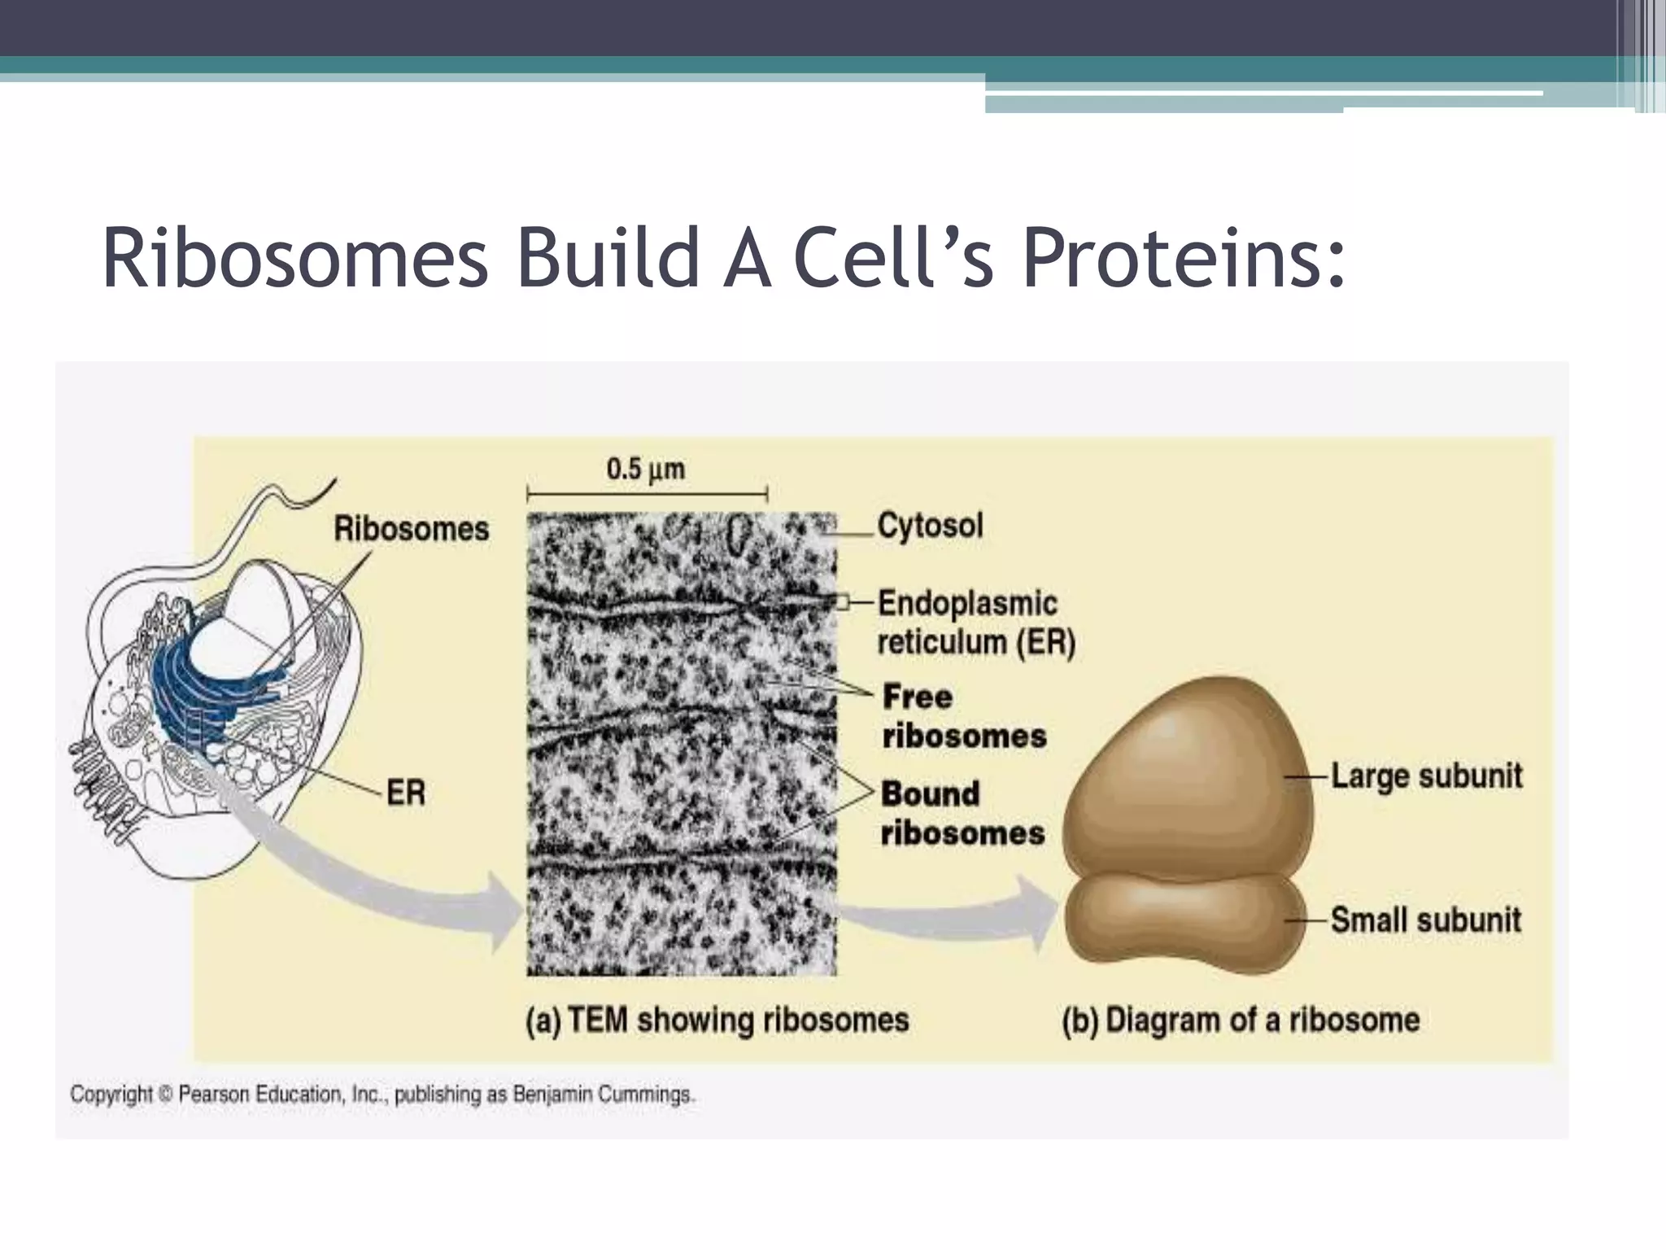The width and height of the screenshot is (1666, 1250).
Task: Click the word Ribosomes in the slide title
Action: (x=294, y=259)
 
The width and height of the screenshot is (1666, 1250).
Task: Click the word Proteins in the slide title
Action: (x=1184, y=259)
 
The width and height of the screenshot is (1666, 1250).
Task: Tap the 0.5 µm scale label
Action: (x=645, y=469)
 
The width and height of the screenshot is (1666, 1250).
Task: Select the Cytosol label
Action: (x=930, y=526)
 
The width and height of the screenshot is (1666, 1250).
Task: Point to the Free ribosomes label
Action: (x=964, y=716)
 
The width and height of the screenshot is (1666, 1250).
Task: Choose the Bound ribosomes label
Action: (x=962, y=813)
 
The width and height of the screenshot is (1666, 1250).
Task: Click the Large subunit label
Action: (x=1426, y=776)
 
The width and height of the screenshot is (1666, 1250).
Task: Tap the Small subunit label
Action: (x=1425, y=920)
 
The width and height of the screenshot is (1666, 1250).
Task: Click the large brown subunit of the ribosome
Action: (x=1188, y=781)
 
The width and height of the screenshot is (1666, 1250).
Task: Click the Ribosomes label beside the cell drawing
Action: (x=411, y=529)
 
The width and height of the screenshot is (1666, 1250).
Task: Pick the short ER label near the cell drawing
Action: (x=405, y=792)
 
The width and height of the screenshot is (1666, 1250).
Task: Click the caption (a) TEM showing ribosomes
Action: (x=717, y=1020)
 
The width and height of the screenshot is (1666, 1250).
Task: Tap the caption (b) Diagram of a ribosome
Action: (x=1241, y=1020)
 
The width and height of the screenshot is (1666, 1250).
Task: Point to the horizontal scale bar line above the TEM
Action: (x=647, y=494)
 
